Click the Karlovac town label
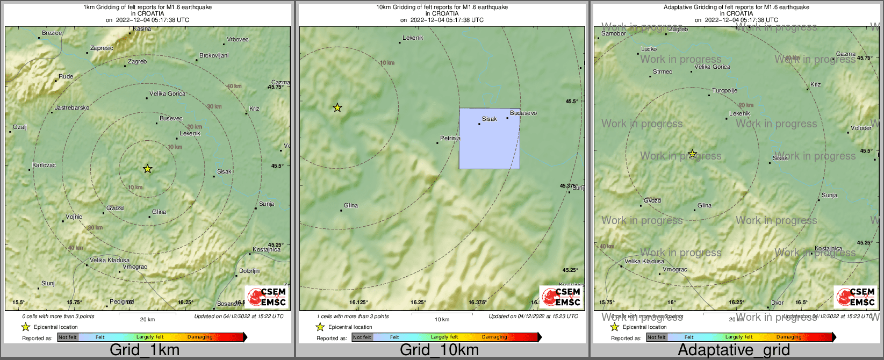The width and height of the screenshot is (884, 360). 44,165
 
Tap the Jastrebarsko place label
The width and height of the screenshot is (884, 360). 72,107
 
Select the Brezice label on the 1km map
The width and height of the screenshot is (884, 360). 52,33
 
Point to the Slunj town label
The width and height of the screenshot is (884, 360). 48,283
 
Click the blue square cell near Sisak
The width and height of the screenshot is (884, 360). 489,139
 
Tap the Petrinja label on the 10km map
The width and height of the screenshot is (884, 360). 450,138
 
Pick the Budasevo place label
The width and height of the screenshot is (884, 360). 523,113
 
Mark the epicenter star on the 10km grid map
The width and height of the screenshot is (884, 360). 337,108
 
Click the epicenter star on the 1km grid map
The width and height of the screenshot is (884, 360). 148,169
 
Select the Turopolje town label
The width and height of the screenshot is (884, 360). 724,91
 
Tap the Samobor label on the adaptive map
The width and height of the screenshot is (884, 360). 614,33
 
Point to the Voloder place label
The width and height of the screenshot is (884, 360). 861,128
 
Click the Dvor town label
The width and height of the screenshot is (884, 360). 777,303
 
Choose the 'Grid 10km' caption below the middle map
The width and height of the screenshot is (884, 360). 439,350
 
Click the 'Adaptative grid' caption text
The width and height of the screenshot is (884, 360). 734,350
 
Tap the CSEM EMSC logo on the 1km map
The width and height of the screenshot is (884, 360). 267,297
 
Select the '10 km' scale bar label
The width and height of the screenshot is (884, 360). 442,320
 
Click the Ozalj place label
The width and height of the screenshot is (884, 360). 20,127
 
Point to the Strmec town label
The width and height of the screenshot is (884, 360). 662,71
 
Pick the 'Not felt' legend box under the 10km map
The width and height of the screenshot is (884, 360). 362,337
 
